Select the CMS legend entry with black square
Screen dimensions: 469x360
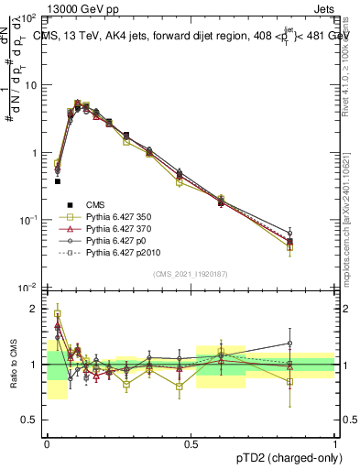(x=95, y=204)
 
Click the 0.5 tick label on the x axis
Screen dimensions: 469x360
(x=191, y=442)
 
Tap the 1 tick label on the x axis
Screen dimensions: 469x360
(x=334, y=442)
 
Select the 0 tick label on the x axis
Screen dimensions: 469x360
(x=47, y=442)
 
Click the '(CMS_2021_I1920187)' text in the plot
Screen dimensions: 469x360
(x=191, y=274)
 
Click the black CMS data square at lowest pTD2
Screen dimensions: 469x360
(x=57, y=181)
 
